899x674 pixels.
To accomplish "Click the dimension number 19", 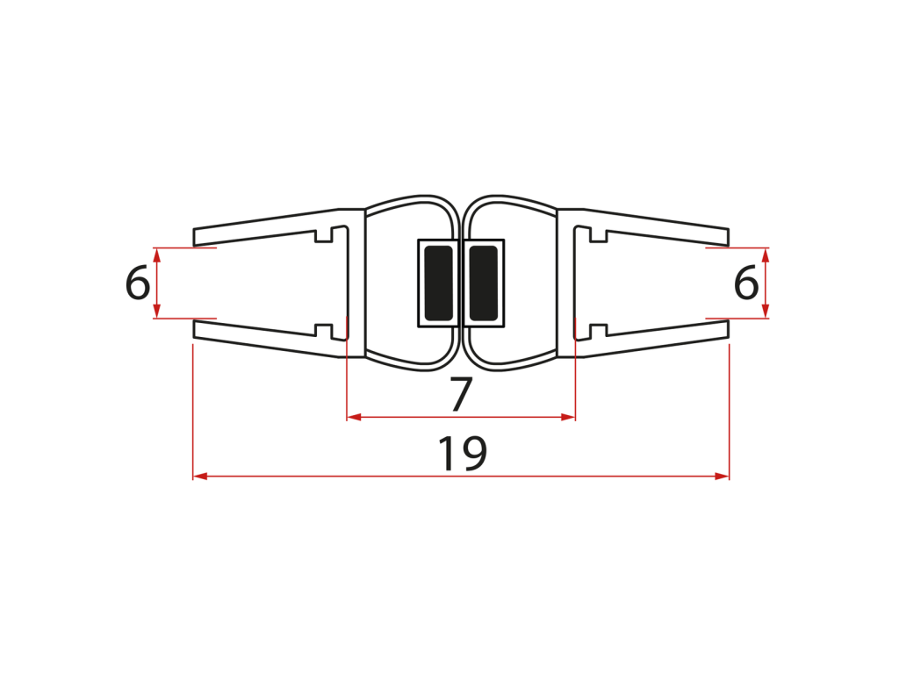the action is [x=462, y=453].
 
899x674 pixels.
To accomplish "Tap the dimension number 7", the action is [x=461, y=394].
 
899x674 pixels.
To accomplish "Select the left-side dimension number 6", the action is [x=138, y=283].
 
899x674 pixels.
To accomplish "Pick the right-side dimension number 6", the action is [x=746, y=283].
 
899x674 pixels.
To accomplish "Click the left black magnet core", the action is [x=439, y=283].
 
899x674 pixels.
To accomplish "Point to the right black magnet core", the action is [x=484, y=283].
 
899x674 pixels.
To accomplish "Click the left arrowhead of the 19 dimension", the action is [x=200, y=476].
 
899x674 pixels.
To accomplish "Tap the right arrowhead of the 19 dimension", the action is [x=722, y=476].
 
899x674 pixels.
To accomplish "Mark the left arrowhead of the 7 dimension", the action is [x=354, y=417].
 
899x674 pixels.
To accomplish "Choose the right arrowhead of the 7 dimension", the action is [x=568, y=417].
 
